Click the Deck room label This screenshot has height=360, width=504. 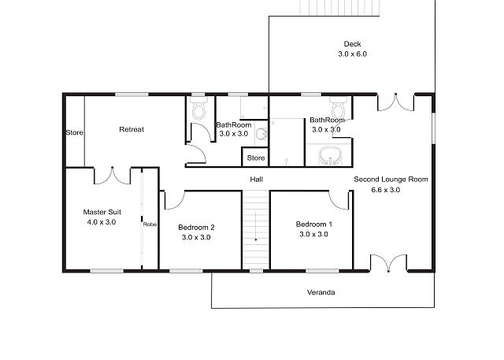352,43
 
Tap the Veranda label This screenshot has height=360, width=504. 321,292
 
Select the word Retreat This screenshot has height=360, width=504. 132,129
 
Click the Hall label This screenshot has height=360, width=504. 256,179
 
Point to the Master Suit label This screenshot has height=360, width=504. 102,212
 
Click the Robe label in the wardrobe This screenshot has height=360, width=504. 150,225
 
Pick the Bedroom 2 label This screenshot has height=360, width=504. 196,227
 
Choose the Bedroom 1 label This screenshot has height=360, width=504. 313,224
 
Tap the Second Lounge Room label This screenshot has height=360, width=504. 391,179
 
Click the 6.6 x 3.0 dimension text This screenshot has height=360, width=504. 385,190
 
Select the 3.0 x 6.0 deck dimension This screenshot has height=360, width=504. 352,54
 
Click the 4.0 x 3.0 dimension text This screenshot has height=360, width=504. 102,222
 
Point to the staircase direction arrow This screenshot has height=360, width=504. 255,226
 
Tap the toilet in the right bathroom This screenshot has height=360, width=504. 338,108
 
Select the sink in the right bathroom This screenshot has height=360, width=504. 330,156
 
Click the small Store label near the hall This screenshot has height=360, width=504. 256,158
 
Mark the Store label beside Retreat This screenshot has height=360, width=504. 74,132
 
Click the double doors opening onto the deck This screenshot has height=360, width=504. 395,102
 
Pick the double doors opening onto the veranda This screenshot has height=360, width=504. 388,263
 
